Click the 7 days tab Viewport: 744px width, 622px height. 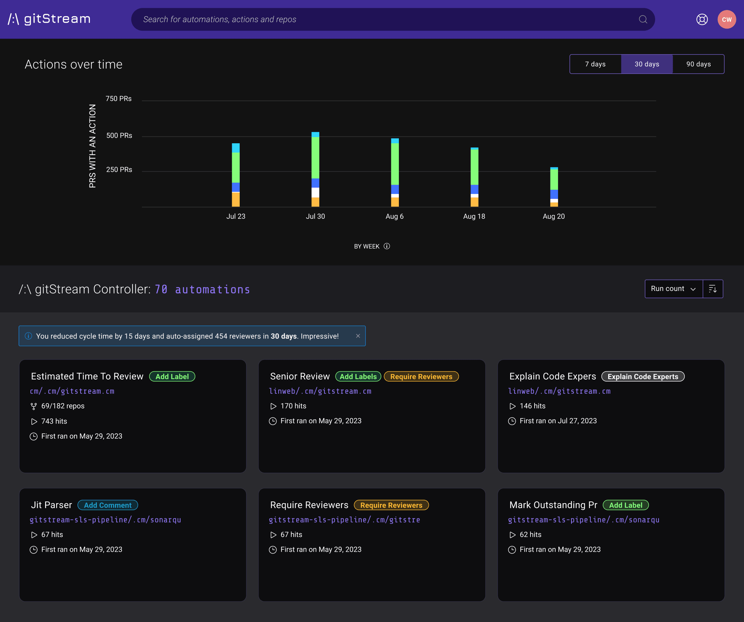(595, 64)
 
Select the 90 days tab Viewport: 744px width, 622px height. (698, 64)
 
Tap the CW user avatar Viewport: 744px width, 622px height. (726, 20)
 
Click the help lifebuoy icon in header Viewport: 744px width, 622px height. (702, 20)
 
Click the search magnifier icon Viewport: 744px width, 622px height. (643, 20)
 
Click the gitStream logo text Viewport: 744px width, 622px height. (57, 19)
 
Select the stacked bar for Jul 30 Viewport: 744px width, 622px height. (315, 169)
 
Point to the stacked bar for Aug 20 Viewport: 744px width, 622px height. (554, 187)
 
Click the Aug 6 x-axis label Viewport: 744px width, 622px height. (394, 216)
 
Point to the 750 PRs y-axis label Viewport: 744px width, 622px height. (118, 99)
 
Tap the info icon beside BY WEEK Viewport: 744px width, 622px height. (387, 246)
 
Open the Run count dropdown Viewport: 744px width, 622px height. (673, 289)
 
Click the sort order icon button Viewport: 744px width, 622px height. (712, 289)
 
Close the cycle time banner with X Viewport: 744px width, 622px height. (358, 336)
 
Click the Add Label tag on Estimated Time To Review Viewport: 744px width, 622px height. (172, 376)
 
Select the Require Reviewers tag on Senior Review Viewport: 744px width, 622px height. (421, 376)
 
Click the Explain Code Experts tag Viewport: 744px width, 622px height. (643, 376)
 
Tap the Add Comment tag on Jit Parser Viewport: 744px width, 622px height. (107, 505)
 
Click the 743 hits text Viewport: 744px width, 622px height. (54, 421)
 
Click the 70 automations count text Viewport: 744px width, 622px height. (202, 289)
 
